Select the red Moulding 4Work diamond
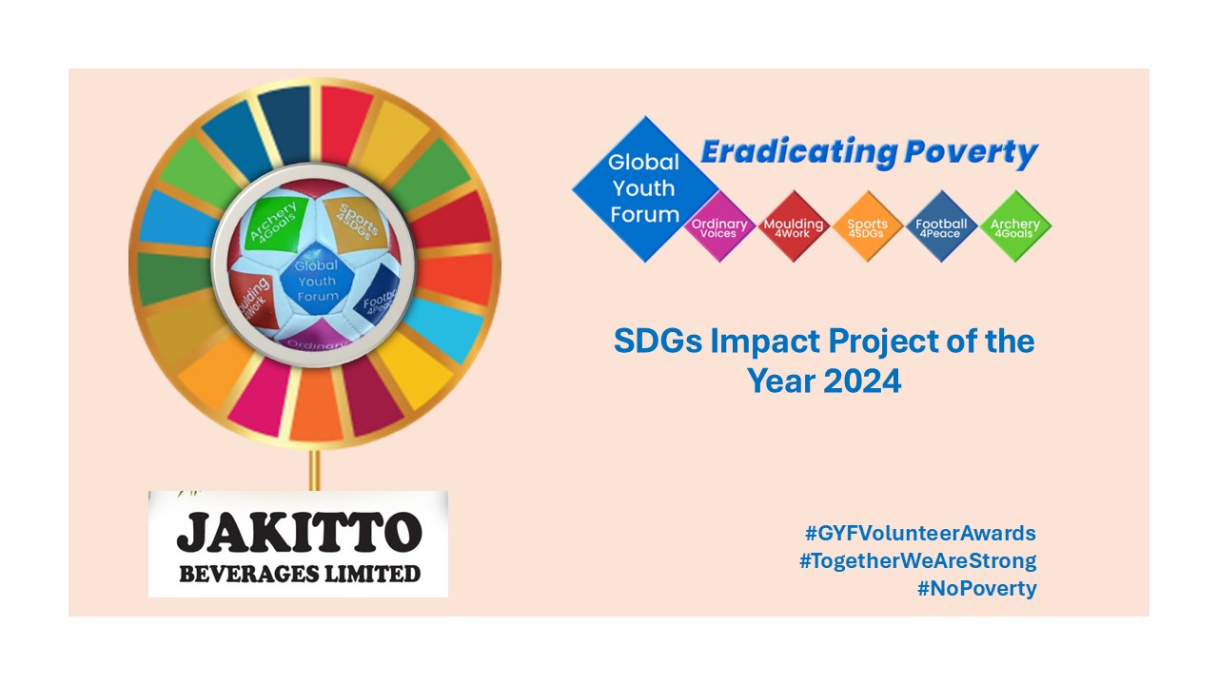coord(794,227)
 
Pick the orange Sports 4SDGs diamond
coord(867,227)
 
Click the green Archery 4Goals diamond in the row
coord(1015,227)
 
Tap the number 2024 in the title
coord(862,381)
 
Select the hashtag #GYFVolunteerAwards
coord(920,533)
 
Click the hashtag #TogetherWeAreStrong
coord(917,560)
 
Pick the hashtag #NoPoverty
coord(976,588)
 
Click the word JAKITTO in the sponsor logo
coord(299,533)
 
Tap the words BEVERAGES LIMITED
coord(299,573)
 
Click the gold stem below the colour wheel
coord(314,470)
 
